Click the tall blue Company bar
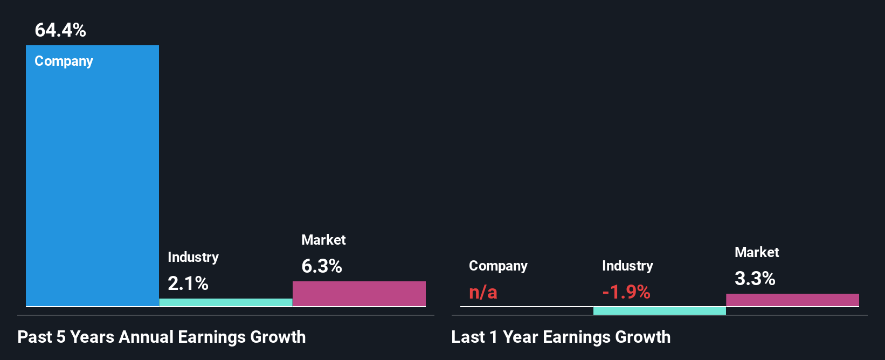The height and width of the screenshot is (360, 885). pyautogui.click(x=92, y=178)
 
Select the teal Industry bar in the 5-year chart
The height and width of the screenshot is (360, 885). pyautogui.click(x=226, y=302)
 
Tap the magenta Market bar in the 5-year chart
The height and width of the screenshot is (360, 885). pyautogui.click(x=359, y=294)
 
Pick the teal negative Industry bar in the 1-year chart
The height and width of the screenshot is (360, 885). pyautogui.click(x=659, y=311)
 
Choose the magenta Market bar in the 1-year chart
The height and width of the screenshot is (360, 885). pyautogui.click(x=792, y=300)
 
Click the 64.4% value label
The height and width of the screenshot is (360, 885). pyautogui.click(x=60, y=30)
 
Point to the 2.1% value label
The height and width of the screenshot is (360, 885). pyautogui.click(x=188, y=283)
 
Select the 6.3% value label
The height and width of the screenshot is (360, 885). pyautogui.click(x=322, y=266)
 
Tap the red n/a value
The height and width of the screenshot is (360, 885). pyautogui.click(x=483, y=292)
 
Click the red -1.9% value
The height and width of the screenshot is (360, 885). pyautogui.click(x=626, y=292)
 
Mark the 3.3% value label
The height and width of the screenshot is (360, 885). pyautogui.click(x=755, y=279)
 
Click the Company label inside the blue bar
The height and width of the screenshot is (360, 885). pyautogui.click(x=64, y=61)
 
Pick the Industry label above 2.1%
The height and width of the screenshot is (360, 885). pyautogui.click(x=193, y=257)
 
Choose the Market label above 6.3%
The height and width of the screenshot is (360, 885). pyautogui.click(x=323, y=240)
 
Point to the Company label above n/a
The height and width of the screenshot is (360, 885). pyautogui.click(x=498, y=266)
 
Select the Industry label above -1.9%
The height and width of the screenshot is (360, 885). pyautogui.click(x=627, y=266)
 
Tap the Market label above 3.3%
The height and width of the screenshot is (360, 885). pyautogui.click(x=757, y=252)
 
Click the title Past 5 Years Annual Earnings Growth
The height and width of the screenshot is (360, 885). pyautogui.click(x=162, y=337)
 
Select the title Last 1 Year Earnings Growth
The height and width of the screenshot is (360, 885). pyautogui.click(x=561, y=337)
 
